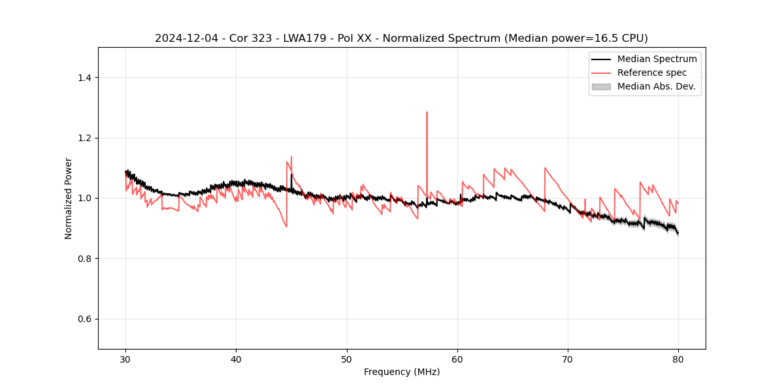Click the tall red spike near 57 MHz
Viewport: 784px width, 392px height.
click(427, 114)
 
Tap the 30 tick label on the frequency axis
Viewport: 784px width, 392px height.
click(125, 359)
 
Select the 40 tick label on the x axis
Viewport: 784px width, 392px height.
click(236, 359)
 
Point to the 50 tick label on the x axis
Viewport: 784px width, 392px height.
click(346, 359)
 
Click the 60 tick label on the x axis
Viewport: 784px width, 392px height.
click(457, 359)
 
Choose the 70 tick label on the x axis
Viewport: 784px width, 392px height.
click(568, 359)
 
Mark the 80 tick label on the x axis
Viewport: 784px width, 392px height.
click(678, 359)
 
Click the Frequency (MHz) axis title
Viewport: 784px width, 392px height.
click(402, 372)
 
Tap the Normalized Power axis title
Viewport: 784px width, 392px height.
click(69, 198)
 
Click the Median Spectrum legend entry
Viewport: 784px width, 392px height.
click(657, 59)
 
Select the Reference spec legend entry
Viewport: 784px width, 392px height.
click(651, 73)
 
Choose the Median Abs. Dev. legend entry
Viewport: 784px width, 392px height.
click(656, 86)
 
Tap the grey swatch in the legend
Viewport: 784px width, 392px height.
click(601, 86)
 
